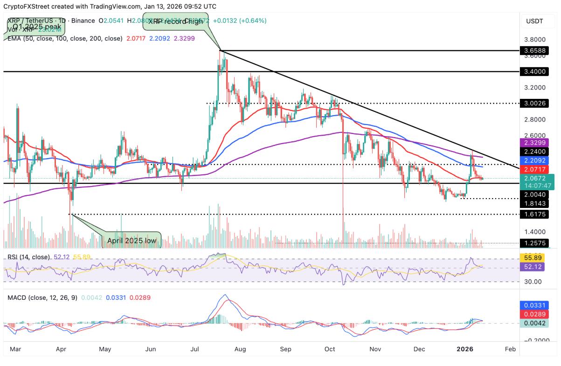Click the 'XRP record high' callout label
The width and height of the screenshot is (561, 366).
coord(175,21)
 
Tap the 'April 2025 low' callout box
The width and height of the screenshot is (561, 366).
coord(131,241)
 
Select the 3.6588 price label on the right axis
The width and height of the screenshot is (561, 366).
coord(534,50)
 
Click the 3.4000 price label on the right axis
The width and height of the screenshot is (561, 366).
coord(534,72)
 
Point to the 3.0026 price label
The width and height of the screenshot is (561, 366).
coord(534,103)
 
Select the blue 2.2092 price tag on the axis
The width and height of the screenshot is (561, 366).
coord(534,160)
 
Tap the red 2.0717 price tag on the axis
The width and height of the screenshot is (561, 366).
coord(534,169)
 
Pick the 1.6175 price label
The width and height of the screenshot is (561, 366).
coord(534,214)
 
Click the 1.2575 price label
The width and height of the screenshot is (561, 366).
coord(534,243)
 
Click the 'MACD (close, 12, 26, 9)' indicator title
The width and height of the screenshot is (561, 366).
coord(41,297)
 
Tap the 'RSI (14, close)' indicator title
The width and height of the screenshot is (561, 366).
coord(28,257)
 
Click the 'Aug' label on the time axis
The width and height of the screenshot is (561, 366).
coord(241,349)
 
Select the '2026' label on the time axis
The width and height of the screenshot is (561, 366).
coord(465,349)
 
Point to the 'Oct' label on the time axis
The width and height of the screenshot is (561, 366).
coord(330,349)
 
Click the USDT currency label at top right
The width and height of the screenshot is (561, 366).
coord(535,21)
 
